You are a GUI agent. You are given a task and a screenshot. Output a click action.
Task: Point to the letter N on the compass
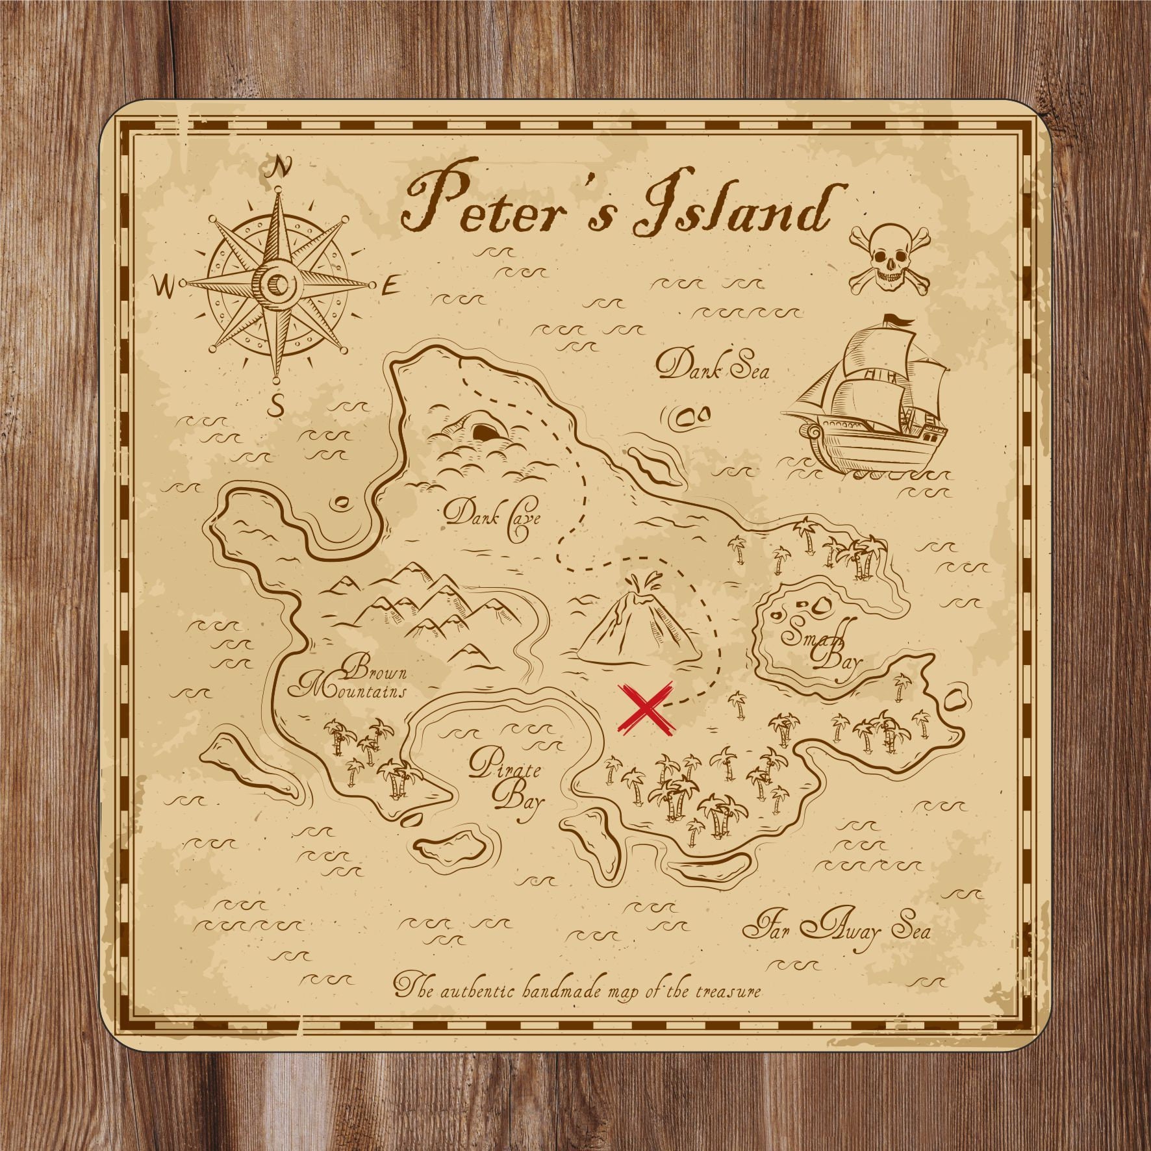281,167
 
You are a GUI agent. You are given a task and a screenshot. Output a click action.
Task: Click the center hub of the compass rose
279,283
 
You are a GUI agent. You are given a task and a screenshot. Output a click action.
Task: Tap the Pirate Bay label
508,783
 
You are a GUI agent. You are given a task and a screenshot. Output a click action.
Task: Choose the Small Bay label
822,643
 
